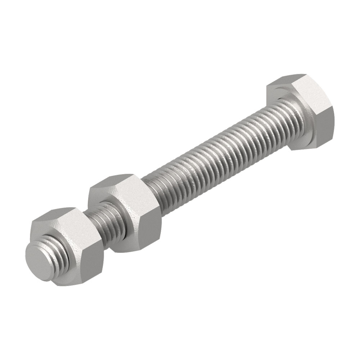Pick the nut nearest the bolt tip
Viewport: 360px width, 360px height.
tap(68, 245)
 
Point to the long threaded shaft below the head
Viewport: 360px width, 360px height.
tap(216, 151)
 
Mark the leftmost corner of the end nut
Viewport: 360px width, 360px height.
tap(30, 230)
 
